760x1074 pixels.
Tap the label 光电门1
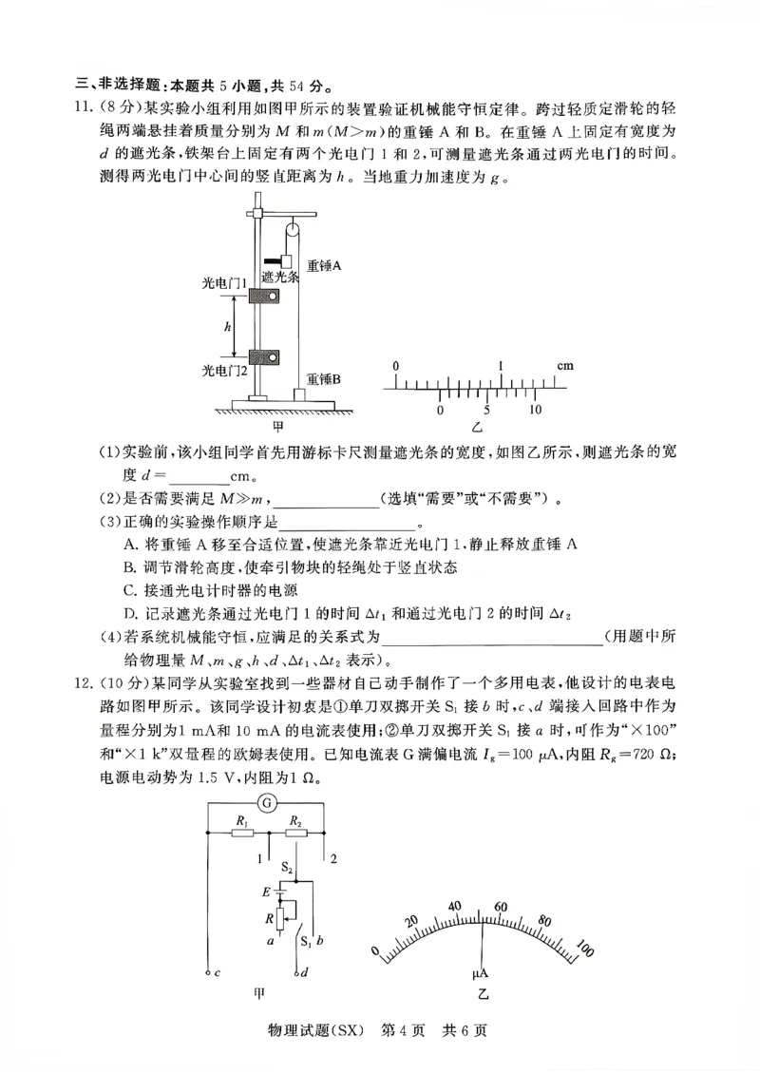(224, 284)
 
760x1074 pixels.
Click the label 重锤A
(324, 267)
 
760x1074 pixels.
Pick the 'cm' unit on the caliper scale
(565, 366)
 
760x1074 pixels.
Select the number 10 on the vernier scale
(535, 410)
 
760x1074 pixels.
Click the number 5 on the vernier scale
(486, 410)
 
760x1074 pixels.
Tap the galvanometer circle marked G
(268, 803)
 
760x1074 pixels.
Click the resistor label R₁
(242, 820)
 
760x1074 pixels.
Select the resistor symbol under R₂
(296, 834)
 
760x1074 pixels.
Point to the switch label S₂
(287, 868)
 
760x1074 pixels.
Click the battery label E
(267, 892)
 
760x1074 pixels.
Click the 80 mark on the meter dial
(543, 921)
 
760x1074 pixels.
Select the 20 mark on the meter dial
(411, 921)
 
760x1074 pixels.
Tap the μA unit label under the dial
(481, 974)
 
